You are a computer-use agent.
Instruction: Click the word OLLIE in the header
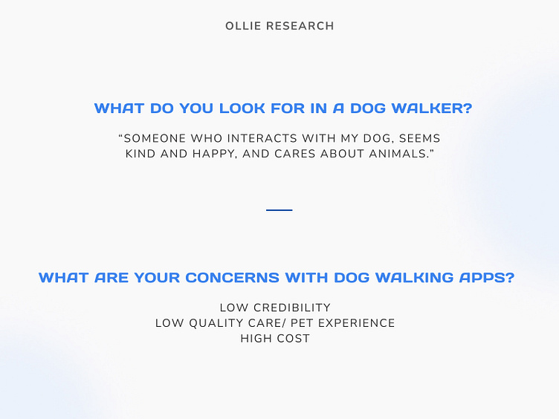tap(242, 26)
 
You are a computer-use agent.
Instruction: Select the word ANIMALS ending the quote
tap(398, 154)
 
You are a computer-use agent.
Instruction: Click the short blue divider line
tap(279, 210)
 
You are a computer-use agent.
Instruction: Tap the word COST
tap(294, 339)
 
